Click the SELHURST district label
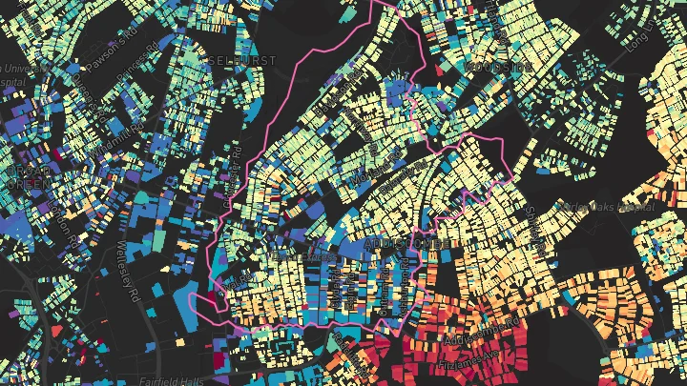coord(241,60)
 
